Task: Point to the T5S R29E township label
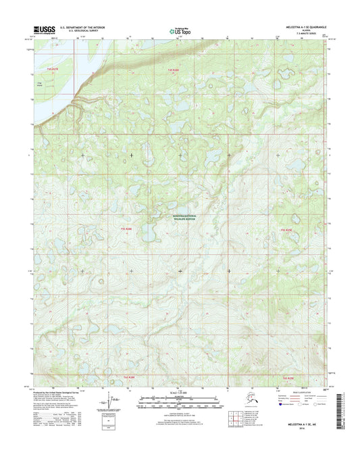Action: pos(286,232)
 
